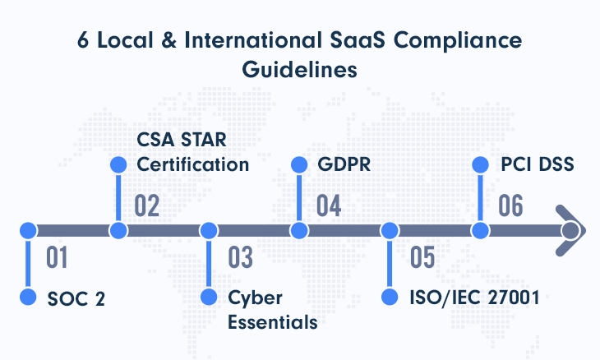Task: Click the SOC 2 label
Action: tap(76, 299)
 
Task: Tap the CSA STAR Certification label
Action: tap(193, 152)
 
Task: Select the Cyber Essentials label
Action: tap(272, 310)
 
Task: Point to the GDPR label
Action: tap(344, 164)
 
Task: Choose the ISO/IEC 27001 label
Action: tap(474, 298)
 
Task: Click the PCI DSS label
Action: tap(538, 164)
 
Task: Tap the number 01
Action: tap(57, 257)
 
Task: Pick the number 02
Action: tap(146, 205)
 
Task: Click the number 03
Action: tap(240, 257)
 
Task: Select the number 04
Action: tap(329, 205)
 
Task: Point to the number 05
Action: tap(422, 257)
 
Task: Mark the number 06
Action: tap(510, 205)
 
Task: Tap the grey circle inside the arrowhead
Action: tap(570, 231)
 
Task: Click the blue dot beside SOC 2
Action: tap(28, 298)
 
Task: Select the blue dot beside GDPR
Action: tap(299, 165)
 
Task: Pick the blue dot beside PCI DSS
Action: tap(480, 165)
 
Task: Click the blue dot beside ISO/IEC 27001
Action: tap(390, 298)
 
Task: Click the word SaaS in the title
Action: tap(358, 39)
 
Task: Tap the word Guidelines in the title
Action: tap(300, 70)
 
